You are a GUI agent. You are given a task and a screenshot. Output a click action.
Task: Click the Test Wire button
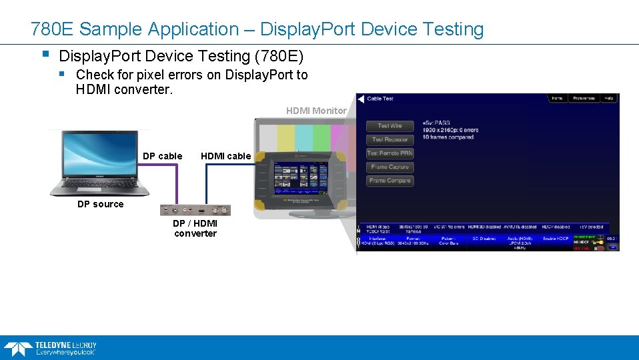pos(390,126)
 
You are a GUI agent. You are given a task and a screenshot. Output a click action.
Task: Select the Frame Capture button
pos(390,167)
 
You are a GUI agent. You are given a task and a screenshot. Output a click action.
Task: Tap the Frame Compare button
pos(390,181)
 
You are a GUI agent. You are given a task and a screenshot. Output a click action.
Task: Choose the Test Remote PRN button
pos(390,153)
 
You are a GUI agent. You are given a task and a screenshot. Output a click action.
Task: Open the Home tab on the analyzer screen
pos(557,99)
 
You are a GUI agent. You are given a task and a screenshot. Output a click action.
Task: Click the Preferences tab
pos(583,99)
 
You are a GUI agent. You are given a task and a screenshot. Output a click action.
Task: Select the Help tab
pos(608,99)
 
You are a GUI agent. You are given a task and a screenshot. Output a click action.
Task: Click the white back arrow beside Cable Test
pos(361,99)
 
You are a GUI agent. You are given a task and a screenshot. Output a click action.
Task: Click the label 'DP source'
pos(100,204)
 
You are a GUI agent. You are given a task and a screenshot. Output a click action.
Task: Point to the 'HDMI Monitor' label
pos(316,111)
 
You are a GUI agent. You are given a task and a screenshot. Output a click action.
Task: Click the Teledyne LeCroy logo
pos(50,348)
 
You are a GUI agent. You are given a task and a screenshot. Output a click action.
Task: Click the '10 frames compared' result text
pos(448,137)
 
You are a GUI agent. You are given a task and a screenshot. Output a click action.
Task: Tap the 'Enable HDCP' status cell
pos(556,238)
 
